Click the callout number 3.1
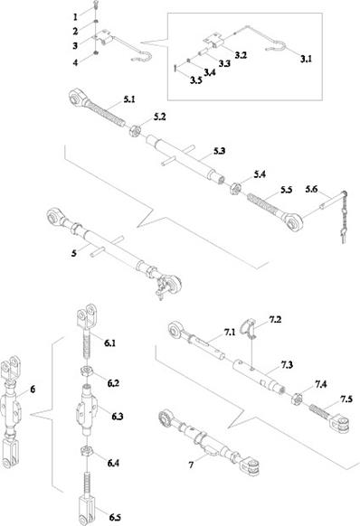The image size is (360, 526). point(306,59)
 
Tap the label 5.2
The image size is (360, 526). point(159,117)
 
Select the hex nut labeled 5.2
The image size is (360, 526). point(135,130)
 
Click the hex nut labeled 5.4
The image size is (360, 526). point(236,189)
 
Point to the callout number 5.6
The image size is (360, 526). point(311,189)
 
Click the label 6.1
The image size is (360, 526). point(109,343)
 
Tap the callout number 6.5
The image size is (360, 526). point(115,517)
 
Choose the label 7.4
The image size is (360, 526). point(321,384)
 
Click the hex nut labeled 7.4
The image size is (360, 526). point(297,399)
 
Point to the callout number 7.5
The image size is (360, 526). point(346,399)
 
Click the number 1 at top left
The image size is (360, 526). point(75,17)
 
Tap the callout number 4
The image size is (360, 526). point(76,62)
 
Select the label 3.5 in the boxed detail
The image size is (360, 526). point(195,80)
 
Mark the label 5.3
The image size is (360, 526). point(219,151)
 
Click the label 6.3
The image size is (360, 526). point(118,417)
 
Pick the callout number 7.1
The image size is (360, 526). point(230,332)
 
